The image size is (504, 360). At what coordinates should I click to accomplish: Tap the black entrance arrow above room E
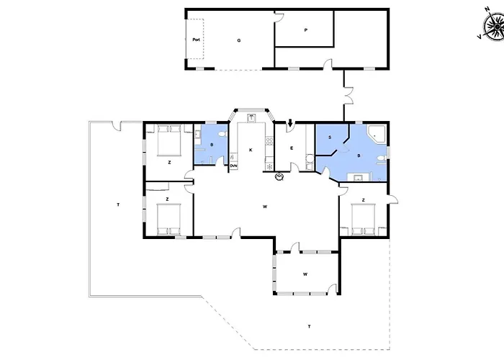pos(290,123)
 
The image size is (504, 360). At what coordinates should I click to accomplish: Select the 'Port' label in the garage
pos(196,40)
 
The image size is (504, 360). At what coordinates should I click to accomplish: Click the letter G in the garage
pos(239,40)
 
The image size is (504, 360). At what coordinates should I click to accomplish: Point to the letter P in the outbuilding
pos(306,30)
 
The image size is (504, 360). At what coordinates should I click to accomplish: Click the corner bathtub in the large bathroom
pos(377,135)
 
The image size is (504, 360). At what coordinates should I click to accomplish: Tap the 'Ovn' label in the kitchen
pos(233,166)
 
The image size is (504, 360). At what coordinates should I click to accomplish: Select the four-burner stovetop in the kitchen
pos(269,141)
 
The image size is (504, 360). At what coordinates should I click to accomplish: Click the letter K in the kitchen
pos(251,150)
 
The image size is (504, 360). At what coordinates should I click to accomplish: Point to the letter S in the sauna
pos(330,138)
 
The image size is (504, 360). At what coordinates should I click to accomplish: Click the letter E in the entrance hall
pos(292,148)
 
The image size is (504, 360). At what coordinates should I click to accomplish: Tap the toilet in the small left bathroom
pos(222,134)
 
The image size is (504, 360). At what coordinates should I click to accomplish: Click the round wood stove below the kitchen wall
pos(279,176)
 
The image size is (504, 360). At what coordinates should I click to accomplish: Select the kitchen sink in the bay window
pos(251,118)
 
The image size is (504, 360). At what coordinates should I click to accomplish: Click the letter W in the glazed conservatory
pos(305,274)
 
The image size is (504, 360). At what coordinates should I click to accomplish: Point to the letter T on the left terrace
pos(118,204)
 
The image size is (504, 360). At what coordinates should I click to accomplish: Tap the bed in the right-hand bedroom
pos(363,219)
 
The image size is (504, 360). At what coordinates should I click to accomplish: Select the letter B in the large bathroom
pos(359,156)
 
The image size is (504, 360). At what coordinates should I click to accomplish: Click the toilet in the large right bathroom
pos(381,158)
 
